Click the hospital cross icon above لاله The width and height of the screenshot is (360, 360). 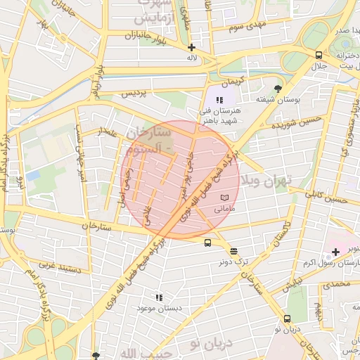click(x=191, y=47)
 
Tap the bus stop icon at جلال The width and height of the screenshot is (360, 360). click(x=319, y=55)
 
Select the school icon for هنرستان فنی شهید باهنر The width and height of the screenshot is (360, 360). click(x=219, y=101)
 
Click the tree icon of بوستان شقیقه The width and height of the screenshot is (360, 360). click(x=279, y=89)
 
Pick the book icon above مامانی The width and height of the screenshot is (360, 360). click(x=224, y=198)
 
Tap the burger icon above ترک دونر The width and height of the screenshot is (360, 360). click(x=233, y=251)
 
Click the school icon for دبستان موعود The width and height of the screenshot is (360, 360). click(x=159, y=298)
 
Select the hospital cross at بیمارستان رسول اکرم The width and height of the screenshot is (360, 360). click(x=335, y=252)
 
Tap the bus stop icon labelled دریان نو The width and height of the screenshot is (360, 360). click(x=287, y=319)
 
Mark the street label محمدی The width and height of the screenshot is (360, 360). click(x=334, y=284)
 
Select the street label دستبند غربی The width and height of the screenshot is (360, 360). click(x=57, y=266)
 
